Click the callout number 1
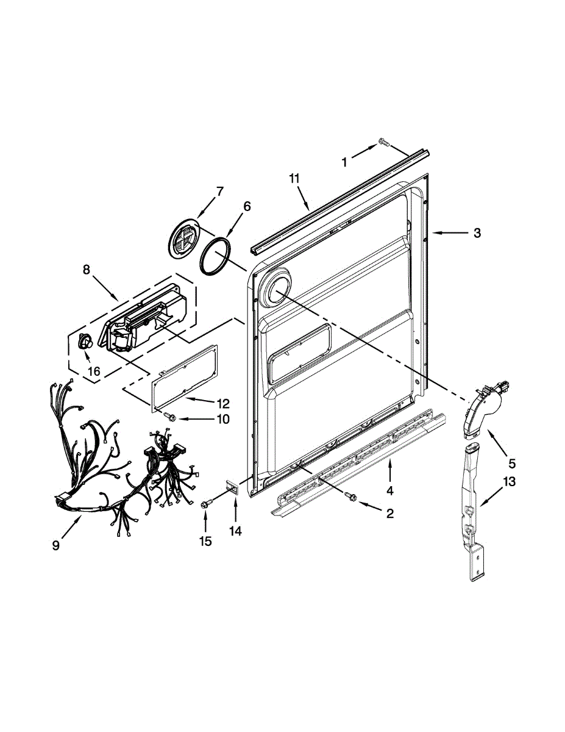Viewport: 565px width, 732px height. [344, 162]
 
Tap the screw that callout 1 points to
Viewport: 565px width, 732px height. [383, 142]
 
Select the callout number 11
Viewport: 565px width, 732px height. [295, 178]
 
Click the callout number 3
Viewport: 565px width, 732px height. [477, 232]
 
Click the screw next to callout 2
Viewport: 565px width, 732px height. [350, 497]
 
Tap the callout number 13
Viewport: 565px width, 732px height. [510, 482]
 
